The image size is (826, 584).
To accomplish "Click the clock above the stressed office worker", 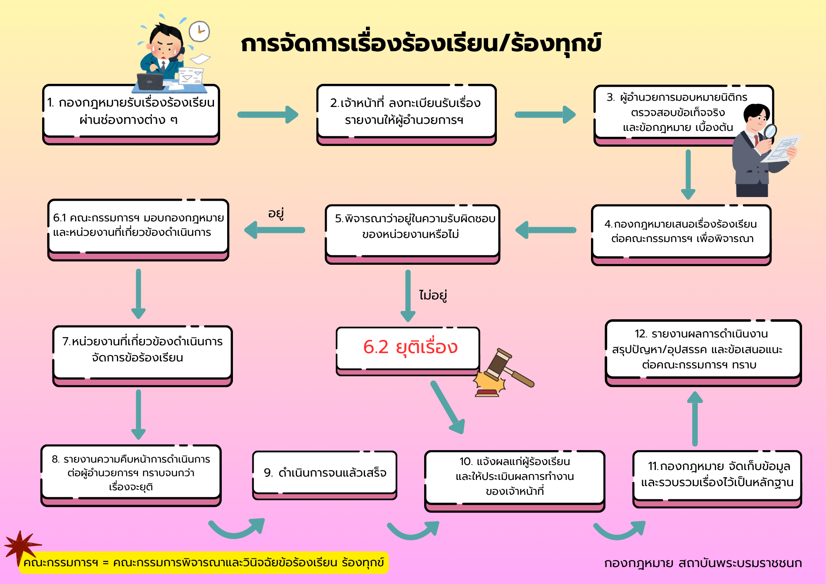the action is point(199,31).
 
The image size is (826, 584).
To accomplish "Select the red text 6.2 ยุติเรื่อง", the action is point(410,347).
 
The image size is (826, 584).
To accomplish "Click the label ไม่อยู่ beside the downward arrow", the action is point(433,295).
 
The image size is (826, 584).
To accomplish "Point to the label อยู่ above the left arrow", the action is point(276,214).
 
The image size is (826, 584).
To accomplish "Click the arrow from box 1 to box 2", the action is point(268,114).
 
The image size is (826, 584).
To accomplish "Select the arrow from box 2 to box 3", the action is point(545,114).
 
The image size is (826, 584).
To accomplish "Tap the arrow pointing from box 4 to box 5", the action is point(546,230).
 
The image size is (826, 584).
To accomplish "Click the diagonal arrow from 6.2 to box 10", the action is point(448,407).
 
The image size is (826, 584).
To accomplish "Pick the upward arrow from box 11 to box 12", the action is point(695,418).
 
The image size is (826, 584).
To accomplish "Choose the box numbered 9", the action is point(325,475).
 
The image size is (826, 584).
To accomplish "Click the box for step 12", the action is point(703,353).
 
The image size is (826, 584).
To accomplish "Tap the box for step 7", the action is point(142,356).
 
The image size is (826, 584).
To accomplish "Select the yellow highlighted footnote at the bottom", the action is point(204,563).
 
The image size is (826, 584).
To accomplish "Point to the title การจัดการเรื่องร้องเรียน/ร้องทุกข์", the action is point(421,44).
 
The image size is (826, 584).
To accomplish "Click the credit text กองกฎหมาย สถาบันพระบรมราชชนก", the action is point(703,563).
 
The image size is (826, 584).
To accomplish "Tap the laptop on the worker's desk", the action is point(150,82).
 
